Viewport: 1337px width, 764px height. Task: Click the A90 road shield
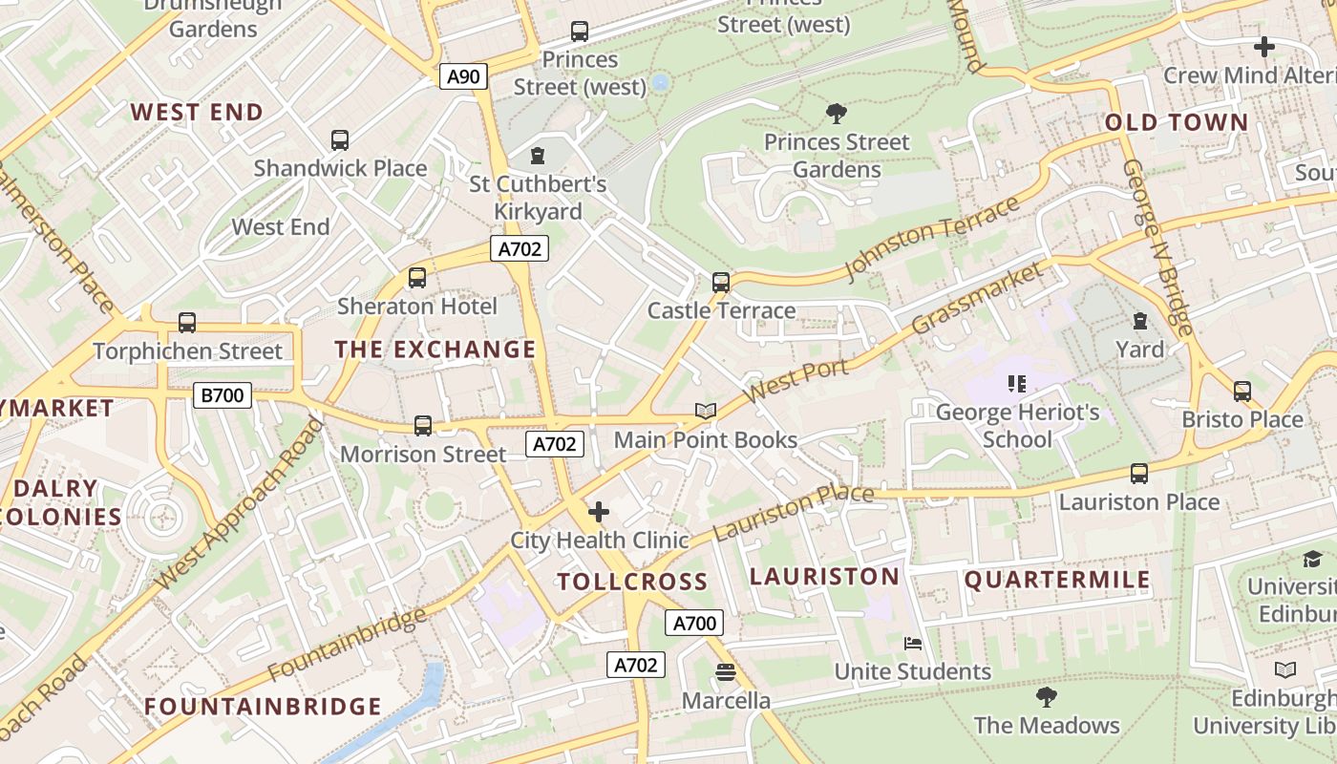click(x=463, y=76)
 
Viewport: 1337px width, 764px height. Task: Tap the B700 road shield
click(x=222, y=394)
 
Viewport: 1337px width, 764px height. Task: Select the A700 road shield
click(x=694, y=624)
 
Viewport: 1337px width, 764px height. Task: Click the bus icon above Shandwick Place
click(x=340, y=140)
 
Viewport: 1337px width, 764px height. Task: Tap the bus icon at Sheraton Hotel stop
click(x=417, y=278)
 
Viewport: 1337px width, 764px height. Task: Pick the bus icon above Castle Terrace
click(x=721, y=282)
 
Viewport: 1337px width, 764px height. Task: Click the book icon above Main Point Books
click(x=706, y=411)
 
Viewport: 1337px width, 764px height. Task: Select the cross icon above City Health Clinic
click(x=599, y=512)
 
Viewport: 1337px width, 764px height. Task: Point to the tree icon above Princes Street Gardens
click(x=837, y=114)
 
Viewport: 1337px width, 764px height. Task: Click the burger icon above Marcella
click(x=725, y=672)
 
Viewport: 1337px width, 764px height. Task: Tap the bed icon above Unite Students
click(x=913, y=644)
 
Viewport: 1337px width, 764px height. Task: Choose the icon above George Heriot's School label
click(x=1017, y=384)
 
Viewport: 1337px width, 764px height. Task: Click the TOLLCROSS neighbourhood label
click(x=632, y=582)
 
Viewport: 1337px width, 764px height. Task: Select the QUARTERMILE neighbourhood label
click(x=1057, y=580)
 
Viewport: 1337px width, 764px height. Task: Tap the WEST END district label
click(x=197, y=112)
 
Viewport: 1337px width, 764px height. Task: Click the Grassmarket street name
click(x=978, y=298)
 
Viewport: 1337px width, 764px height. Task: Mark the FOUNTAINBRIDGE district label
click(x=263, y=707)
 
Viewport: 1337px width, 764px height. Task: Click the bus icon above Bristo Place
click(x=1241, y=391)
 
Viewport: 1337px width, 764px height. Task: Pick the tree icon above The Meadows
click(x=1047, y=696)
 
